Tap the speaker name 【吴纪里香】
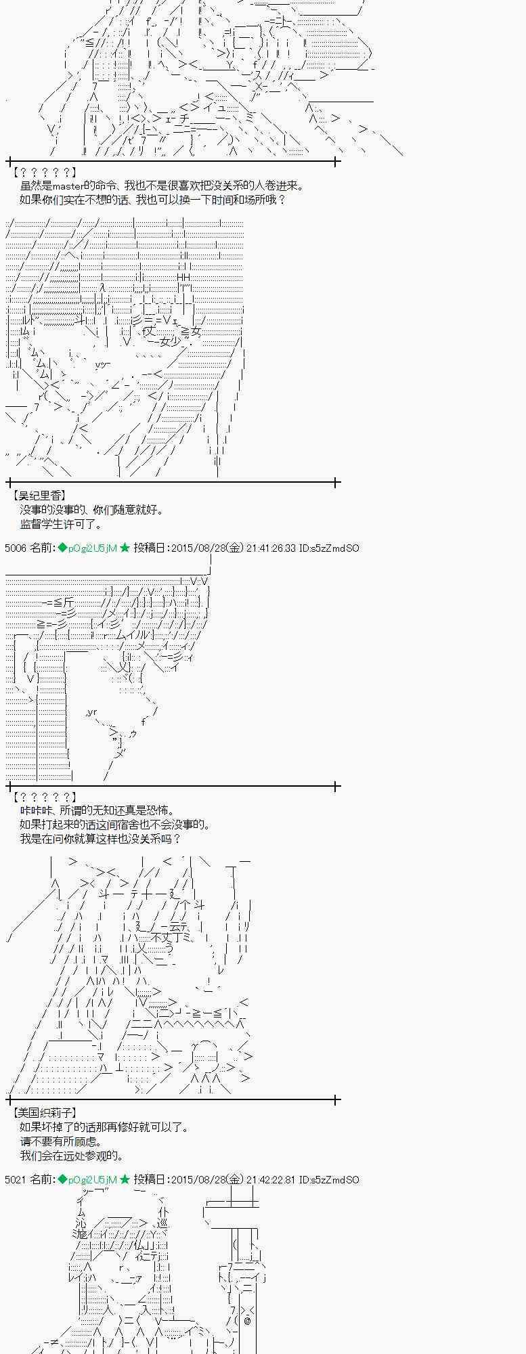point(39,496)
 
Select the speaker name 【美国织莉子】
point(45,1112)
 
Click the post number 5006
point(15,548)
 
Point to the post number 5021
point(15,1179)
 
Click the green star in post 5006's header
point(125,548)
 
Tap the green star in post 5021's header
point(125,1179)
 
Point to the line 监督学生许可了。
point(61,524)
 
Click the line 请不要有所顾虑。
point(61,1141)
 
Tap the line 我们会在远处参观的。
point(72,1155)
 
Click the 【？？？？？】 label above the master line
point(45,172)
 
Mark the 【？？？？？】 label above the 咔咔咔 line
point(45,797)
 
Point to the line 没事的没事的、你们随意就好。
point(91,510)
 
